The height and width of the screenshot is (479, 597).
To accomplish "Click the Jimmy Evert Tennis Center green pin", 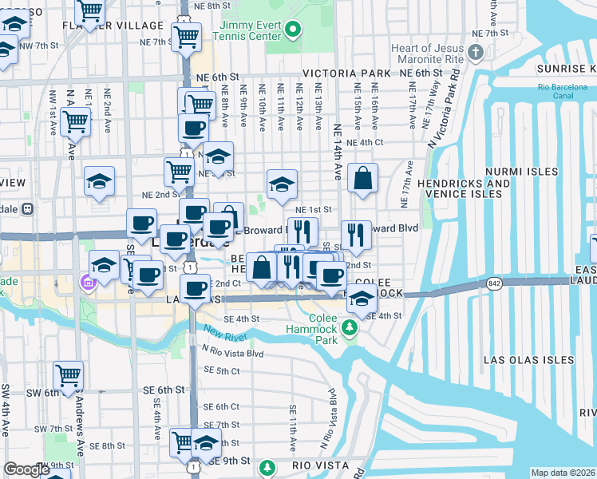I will tap(292, 31).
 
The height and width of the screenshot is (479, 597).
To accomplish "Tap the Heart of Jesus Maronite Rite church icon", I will tap(476, 53).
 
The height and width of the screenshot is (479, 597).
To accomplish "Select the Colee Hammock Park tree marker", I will tap(349, 327).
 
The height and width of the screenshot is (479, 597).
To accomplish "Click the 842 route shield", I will tap(490, 283).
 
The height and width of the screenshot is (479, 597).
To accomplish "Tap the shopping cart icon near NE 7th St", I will tap(187, 35).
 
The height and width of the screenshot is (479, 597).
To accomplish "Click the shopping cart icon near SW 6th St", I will tap(69, 374).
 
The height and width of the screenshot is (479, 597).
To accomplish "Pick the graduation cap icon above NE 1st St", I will tap(281, 184).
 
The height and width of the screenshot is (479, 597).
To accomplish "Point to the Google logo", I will tap(27, 469).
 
